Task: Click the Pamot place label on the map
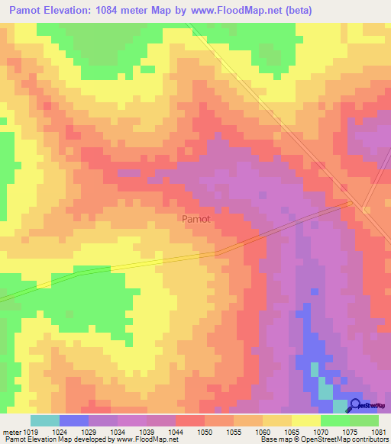pos(196,219)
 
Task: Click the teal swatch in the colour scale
pos(45,420)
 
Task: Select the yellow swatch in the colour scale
pos(306,420)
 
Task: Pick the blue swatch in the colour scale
pos(74,420)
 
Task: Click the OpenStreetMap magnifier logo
pos(355,405)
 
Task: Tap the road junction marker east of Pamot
pos(350,203)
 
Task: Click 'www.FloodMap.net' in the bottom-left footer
pos(150,439)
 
